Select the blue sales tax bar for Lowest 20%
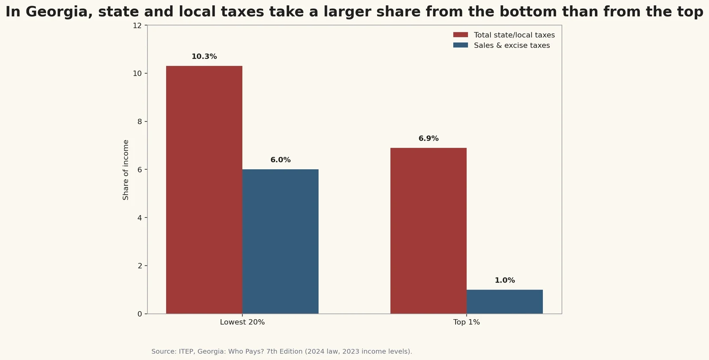click(x=280, y=242)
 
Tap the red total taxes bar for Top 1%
click(x=428, y=231)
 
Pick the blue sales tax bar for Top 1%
click(x=504, y=302)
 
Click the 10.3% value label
click(x=204, y=57)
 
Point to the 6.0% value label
click(x=280, y=160)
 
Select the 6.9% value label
click(x=428, y=139)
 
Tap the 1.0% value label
click(x=504, y=281)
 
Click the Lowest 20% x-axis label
click(x=242, y=322)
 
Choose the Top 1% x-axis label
click(x=466, y=322)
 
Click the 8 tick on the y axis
click(x=140, y=122)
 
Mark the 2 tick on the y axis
click(x=140, y=266)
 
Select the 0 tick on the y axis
click(x=140, y=314)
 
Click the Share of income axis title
click(x=126, y=170)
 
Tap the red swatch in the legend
click(x=460, y=35)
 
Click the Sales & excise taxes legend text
click(x=511, y=46)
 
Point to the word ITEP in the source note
click(x=187, y=352)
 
